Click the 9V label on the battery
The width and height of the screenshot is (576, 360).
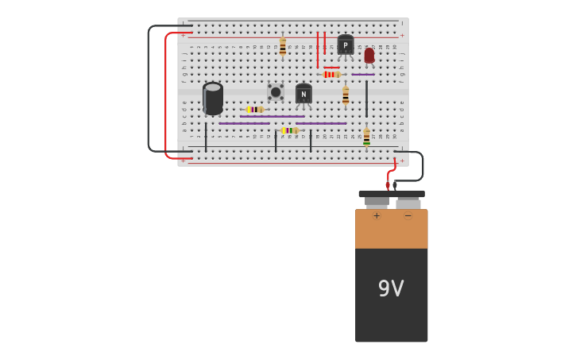[391, 289]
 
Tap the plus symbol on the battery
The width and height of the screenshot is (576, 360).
[377, 215]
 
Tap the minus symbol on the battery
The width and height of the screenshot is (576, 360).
[408, 215]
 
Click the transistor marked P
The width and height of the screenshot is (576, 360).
[346, 45]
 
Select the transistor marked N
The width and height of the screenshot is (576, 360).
[303, 94]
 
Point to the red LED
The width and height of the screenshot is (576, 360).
[369, 55]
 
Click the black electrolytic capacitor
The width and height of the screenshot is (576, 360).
[213, 99]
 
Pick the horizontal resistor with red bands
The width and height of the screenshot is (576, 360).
[331, 74]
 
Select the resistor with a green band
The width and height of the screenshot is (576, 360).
[366, 137]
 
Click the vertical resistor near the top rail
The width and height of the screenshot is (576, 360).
[282, 46]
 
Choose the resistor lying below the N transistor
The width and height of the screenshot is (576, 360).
[289, 130]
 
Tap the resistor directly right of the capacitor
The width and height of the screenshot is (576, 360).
[254, 110]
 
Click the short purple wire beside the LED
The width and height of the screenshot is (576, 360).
[363, 75]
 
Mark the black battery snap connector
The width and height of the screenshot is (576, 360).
[391, 194]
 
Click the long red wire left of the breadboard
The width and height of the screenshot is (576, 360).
[166, 95]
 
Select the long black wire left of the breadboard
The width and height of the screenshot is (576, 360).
[149, 87]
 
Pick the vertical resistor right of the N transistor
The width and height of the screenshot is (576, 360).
[346, 96]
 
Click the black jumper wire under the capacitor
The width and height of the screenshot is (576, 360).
[206, 137]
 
